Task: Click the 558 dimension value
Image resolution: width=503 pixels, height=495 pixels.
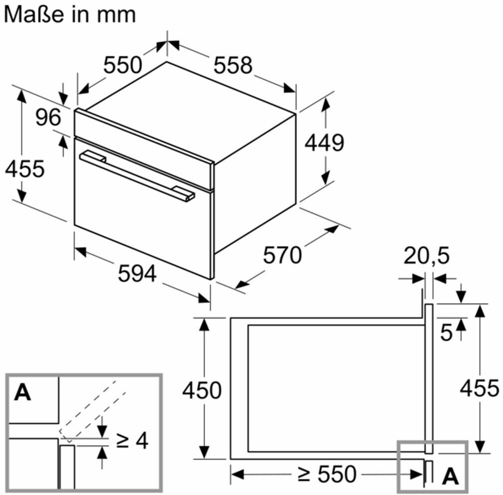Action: click(233, 65)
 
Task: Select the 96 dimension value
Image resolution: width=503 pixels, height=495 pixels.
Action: click(48, 118)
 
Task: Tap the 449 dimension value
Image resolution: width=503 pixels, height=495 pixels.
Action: click(324, 143)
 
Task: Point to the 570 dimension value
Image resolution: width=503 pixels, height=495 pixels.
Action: click(282, 255)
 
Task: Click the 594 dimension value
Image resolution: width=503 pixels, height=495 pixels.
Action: click(137, 273)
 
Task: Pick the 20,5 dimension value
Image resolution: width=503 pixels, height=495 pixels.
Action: click(426, 256)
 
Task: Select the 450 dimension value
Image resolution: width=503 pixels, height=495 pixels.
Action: click(202, 390)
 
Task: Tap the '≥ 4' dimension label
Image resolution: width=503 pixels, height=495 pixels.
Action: click(132, 441)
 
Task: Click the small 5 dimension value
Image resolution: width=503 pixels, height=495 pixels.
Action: click(447, 333)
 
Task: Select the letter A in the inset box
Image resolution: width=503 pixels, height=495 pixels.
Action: click(22, 393)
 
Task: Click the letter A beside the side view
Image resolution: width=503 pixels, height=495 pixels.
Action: click(450, 477)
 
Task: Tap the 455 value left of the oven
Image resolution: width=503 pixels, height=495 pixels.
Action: click(24, 169)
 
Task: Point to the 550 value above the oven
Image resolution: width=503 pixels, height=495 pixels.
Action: click(123, 65)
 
